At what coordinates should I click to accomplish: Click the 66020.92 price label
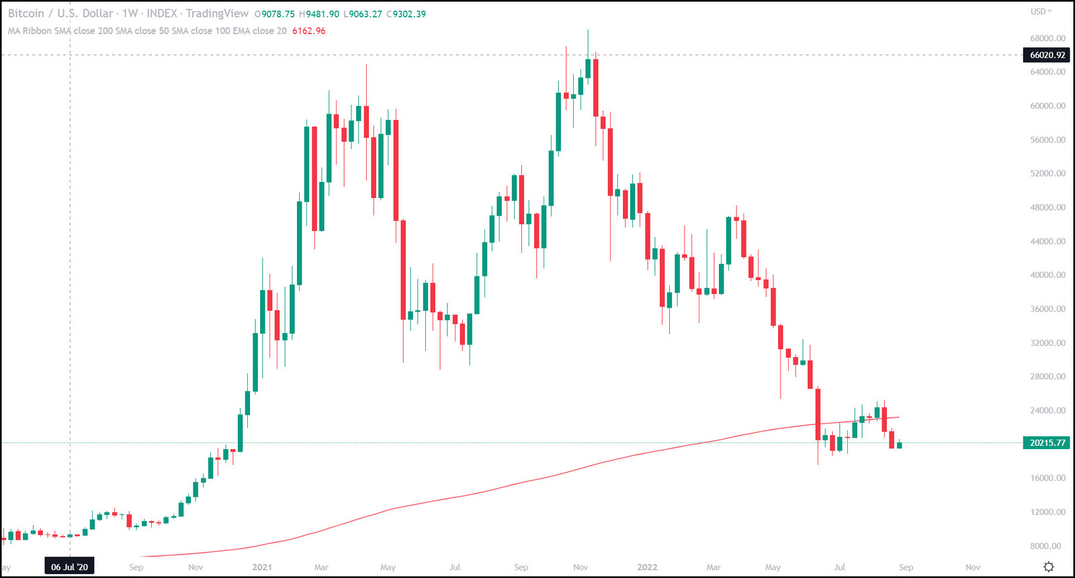tap(1047, 55)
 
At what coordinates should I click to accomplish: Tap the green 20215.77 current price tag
tap(1047, 443)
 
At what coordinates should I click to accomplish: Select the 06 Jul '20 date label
tap(70, 567)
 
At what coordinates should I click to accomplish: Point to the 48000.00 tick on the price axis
tap(1047, 207)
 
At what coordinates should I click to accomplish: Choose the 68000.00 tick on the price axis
tap(1047, 38)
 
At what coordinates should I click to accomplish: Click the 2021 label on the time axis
tap(262, 567)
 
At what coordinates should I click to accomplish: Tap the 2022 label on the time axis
tap(647, 567)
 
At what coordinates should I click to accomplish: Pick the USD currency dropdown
tap(1041, 11)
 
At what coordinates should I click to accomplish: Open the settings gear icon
tap(1048, 567)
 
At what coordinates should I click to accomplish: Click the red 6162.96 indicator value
tap(308, 31)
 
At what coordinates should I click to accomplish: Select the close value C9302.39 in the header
tap(406, 14)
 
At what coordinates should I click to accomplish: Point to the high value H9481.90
tap(319, 14)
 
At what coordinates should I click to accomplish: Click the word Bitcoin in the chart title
tap(26, 13)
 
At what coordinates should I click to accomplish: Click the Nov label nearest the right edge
tap(972, 567)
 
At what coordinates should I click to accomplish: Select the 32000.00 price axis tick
tap(1047, 343)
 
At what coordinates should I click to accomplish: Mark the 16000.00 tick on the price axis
tap(1047, 478)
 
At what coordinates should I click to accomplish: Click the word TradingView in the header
tap(217, 13)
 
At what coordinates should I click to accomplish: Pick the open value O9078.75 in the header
tap(274, 14)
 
